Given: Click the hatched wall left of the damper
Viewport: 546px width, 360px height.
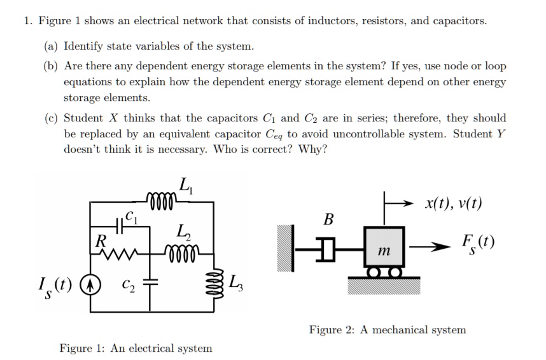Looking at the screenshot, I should click(286, 248).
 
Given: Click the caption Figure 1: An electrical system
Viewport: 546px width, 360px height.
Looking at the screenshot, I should click(136, 348).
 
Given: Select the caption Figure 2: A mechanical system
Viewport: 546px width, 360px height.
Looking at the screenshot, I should click(387, 329).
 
